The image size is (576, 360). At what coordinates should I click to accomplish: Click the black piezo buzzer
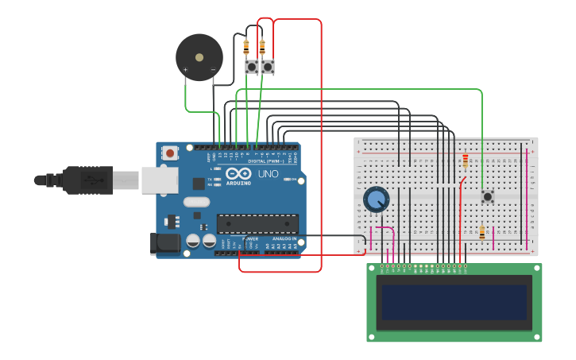199,57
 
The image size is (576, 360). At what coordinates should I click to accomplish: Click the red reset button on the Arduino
169,153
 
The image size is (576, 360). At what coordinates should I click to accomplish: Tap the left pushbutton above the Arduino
252,67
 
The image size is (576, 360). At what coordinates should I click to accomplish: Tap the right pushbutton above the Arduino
268,67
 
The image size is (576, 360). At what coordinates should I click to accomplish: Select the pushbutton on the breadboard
487,196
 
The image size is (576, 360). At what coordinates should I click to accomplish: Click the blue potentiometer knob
376,199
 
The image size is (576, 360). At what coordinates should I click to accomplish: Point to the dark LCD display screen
454,302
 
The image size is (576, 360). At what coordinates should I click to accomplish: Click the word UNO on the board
268,173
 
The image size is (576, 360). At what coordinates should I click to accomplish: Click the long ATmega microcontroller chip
257,224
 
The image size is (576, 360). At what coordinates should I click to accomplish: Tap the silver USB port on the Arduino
160,180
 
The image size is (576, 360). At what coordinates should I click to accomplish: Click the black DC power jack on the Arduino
166,244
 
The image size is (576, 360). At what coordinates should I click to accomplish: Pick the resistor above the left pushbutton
246,47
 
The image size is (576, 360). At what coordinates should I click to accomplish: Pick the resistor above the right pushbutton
262,47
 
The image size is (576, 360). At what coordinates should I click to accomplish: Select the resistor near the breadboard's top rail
465,161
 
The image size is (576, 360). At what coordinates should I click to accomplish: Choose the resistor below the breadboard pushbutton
481,233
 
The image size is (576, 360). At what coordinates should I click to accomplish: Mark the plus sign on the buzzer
186,70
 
